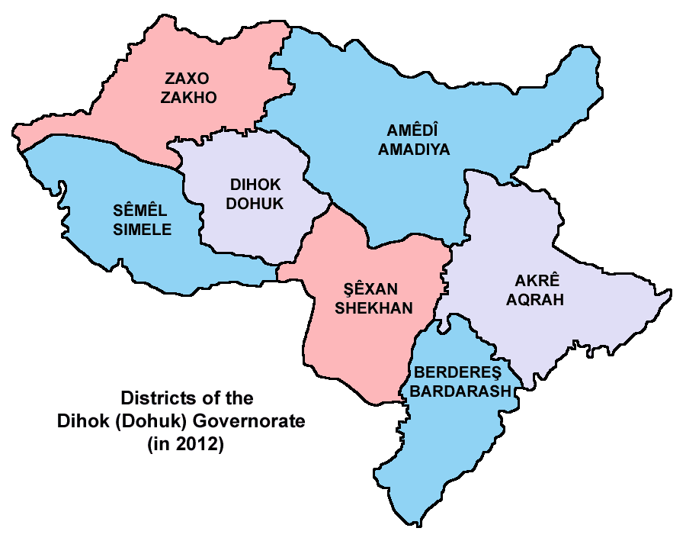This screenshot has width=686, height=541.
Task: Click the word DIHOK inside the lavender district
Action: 255,185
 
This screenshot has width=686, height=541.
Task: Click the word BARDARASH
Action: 463,391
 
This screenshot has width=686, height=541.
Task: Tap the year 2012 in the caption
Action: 201,444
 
